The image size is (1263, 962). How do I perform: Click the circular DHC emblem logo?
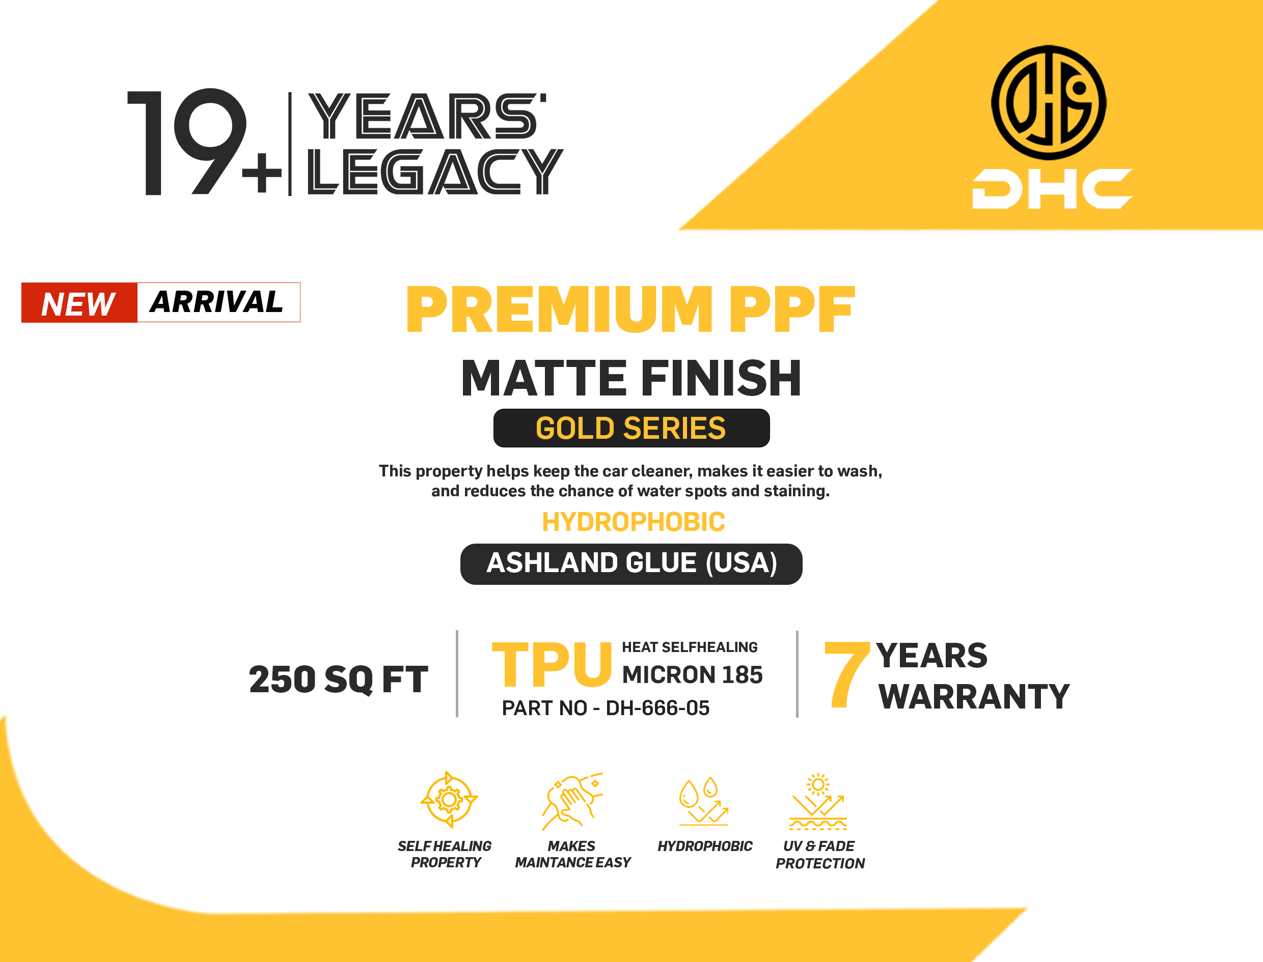click(x=1049, y=102)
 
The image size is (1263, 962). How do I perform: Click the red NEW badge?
click(x=79, y=303)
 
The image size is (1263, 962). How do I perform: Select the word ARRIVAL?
click(x=216, y=302)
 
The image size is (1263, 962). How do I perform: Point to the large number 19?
click(x=187, y=142)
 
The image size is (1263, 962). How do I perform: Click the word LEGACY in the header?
click(x=435, y=171)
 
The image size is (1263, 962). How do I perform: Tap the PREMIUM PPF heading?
click(x=630, y=309)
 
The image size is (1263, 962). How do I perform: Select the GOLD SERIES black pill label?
click(x=631, y=428)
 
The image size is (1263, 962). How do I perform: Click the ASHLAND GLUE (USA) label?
click(x=631, y=563)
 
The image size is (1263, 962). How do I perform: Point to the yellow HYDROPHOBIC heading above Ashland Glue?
click(x=634, y=522)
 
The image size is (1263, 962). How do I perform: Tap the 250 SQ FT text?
click(x=339, y=680)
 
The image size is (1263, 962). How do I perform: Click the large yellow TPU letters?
click(x=552, y=664)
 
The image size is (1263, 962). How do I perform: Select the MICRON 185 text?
click(x=692, y=674)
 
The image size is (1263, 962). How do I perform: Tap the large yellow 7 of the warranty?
click(x=846, y=674)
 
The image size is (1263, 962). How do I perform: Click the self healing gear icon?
click(x=449, y=799)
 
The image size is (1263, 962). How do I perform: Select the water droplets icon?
click(x=703, y=801)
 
